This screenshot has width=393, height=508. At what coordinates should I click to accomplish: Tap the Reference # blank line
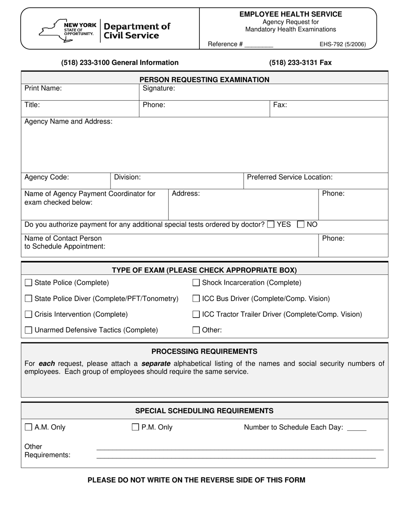(259, 45)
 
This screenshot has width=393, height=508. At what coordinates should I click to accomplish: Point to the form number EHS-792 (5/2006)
(343, 45)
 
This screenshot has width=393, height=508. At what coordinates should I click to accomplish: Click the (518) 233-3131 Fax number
(300, 63)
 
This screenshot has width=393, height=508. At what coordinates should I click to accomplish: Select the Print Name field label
(43, 88)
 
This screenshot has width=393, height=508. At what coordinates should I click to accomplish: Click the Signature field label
(158, 88)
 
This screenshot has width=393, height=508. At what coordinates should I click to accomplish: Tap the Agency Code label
(47, 177)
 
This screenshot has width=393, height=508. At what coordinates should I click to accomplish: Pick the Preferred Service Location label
(290, 177)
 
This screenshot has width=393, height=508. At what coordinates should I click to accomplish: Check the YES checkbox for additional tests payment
(271, 225)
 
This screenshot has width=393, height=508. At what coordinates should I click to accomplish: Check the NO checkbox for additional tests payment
(301, 225)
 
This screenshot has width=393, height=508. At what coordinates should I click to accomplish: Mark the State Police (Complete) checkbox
(29, 283)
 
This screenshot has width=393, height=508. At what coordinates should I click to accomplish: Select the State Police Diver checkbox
(29, 299)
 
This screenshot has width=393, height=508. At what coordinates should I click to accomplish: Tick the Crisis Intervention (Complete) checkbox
(29, 314)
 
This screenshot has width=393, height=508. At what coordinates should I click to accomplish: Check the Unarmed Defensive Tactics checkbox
(29, 330)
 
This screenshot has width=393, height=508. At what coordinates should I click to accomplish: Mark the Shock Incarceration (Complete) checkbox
(196, 283)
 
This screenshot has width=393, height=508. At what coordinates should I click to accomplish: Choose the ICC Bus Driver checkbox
(196, 299)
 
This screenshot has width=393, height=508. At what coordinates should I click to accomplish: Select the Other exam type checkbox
(196, 330)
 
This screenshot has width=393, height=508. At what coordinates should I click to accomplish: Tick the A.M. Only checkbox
(29, 427)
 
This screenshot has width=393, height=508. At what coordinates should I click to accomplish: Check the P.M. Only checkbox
(135, 427)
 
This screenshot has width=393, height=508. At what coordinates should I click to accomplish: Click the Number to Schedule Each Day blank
(357, 429)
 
